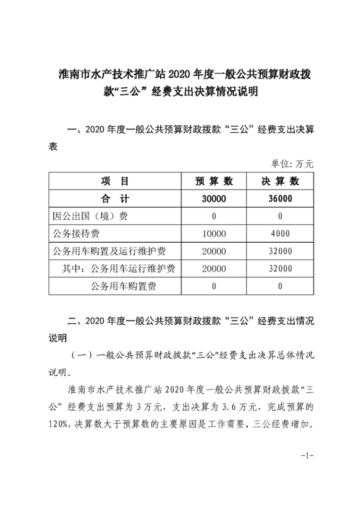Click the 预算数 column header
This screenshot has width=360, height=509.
pos(214,181)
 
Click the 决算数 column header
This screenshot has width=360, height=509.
pos(280,181)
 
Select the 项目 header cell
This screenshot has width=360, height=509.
pos(114,181)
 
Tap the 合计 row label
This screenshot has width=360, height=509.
pos(114,199)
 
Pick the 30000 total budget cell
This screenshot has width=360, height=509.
pos(214,199)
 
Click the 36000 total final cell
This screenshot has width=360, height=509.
pos(280,199)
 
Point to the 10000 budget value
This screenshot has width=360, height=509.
pos(214,234)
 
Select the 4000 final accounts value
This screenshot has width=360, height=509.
pos(280,234)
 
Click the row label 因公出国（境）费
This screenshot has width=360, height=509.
pos(90,216)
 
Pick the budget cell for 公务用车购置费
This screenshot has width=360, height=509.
pos(214,286)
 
